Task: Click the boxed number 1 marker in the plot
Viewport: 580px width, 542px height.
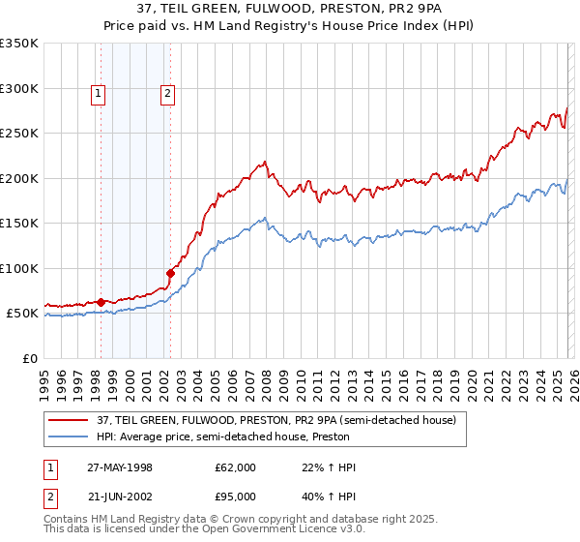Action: tap(100, 94)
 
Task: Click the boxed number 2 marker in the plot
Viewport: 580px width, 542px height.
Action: tap(167, 94)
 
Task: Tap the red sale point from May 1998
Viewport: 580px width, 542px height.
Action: tap(101, 302)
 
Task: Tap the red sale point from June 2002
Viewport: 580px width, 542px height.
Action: tap(170, 273)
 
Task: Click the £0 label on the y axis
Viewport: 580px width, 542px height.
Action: tap(29, 358)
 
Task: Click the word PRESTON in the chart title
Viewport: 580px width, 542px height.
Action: tap(374, 9)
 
